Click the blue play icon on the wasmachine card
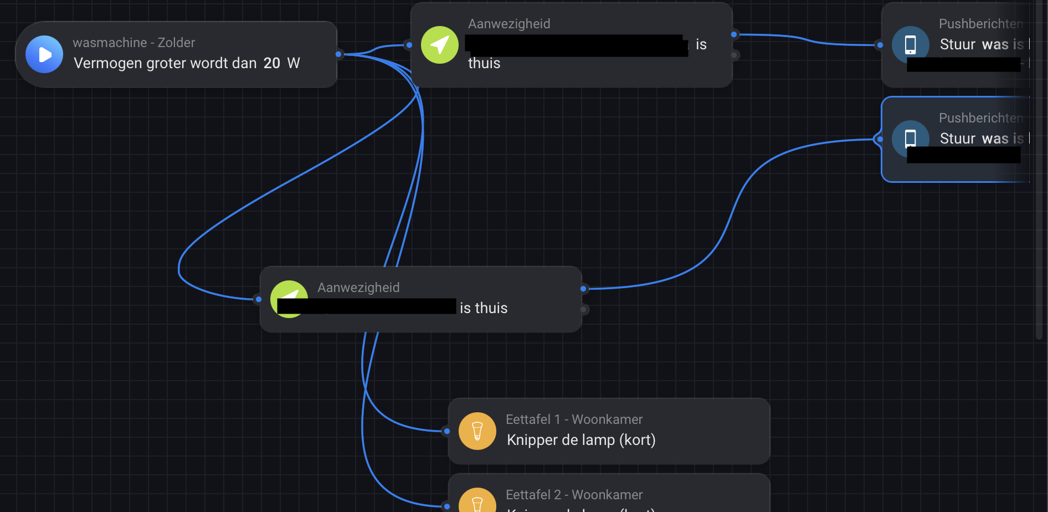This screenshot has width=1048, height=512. click(44, 54)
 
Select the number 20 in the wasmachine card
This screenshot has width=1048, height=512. click(271, 63)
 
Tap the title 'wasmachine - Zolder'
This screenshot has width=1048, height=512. click(133, 43)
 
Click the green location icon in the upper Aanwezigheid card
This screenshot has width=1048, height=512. click(439, 45)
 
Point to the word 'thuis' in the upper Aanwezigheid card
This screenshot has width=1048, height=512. click(484, 64)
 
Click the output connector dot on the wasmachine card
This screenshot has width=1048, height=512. click(338, 54)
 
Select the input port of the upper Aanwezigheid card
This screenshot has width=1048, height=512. click(409, 45)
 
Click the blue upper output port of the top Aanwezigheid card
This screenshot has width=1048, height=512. click(734, 34)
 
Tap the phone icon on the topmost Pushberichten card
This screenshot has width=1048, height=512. click(910, 45)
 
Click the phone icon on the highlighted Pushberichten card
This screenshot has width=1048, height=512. click(910, 139)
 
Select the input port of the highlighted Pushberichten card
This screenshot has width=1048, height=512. click(880, 139)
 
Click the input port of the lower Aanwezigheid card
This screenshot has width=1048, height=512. click(259, 299)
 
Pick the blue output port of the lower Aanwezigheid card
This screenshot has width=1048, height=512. click(583, 289)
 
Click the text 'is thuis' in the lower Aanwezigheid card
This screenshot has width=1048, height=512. click(484, 308)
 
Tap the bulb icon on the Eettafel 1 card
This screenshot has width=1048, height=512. click(477, 431)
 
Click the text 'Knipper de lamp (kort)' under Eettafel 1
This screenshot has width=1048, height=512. click(581, 440)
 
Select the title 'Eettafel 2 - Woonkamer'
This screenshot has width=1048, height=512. click(574, 495)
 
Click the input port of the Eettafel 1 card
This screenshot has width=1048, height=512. click(447, 431)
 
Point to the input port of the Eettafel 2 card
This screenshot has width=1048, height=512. click(447, 506)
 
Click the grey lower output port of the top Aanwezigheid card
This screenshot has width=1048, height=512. click(734, 55)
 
